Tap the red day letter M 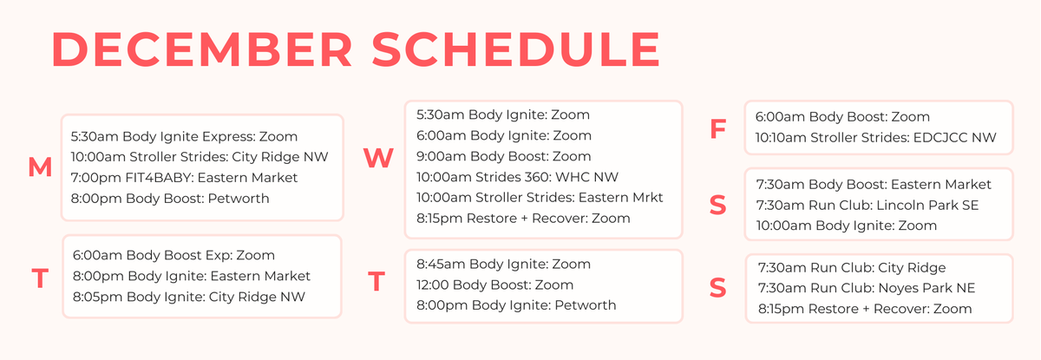[40, 167]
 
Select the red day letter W [378, 158]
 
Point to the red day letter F [717, 129]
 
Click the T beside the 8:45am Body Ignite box [376, 282]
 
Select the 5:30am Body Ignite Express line [184, 136]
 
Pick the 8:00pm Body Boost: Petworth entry [170, 199]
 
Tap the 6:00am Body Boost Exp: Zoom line [173, 255]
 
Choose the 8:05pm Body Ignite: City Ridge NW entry [194, 297]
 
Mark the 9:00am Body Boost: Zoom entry [503, 156]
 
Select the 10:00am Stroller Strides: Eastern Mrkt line [540, 197]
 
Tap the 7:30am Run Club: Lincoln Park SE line [872, 205]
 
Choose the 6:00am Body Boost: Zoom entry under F [842, 116]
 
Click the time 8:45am [441, 264]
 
